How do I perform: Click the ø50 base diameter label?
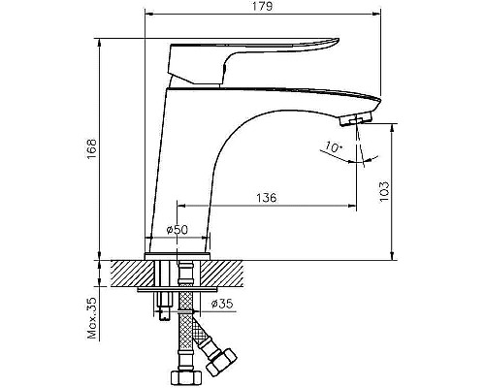coord(177,230)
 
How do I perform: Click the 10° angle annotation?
coord(334,148)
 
